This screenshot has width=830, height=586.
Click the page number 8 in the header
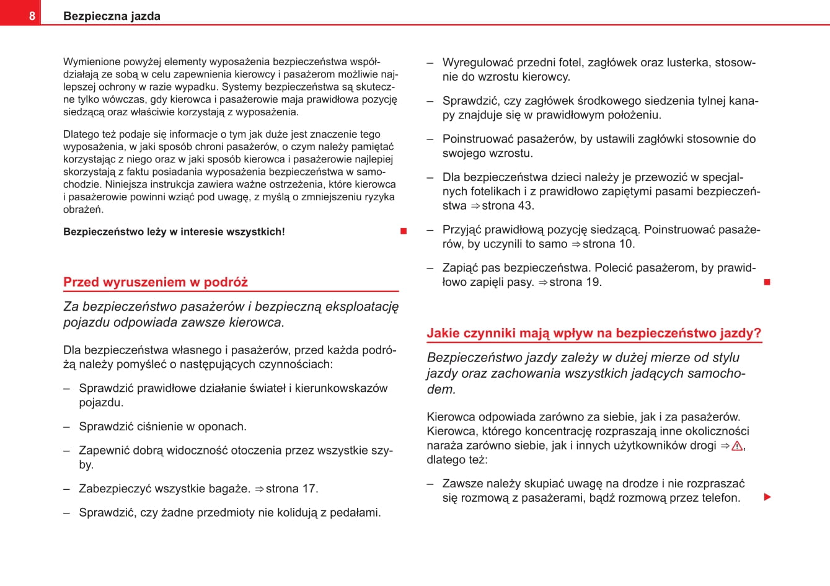click(32, 16)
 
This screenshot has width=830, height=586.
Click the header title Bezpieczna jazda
click(112, 16)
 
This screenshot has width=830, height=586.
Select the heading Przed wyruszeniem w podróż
click(156, 282)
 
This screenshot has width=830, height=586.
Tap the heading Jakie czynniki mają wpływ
click(594, 333)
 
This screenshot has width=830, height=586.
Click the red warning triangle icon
click(737, 446)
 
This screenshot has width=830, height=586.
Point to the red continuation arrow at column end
click(767, 497)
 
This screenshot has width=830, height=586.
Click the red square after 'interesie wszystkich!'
click(404, 231)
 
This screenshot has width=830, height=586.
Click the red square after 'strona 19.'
click(767, 282)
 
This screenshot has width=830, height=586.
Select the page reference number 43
click(525, 206)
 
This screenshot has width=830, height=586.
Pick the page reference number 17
click(309, 489)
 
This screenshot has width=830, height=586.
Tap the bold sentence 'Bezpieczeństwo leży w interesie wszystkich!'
click(174, 232)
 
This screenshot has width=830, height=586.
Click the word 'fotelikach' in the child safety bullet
click(482, 192)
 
